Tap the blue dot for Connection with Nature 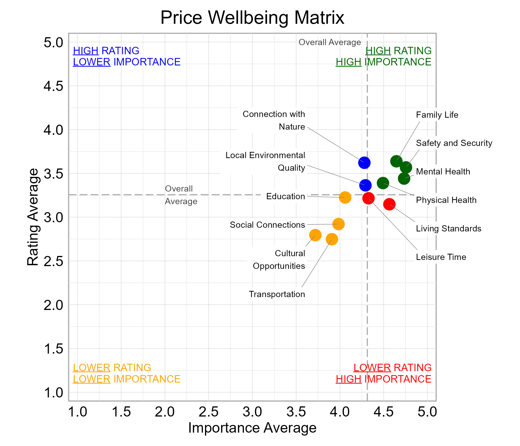pyautogui.click(x=364, y=163)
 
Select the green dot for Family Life pyautogui.click(x=396, y=161)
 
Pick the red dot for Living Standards pyautogui.click(x=389, y=204)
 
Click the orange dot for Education pyautogui.click(x=345, y=197)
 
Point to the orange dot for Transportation pyautogui.click(x=332, y=239)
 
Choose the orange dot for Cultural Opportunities pyautogui.click(x=315, y=235)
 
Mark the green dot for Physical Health pyautogui.click(x=383, y=183)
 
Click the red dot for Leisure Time pyautogui.click(x=368, y=198)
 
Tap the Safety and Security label pyautogui.click(x=454, y=143)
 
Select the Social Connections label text pyautogui.click(x=267, y=225)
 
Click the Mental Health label pyautogui.click(x=443, y=171)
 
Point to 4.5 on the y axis pyautogui.click(x=53, y=86)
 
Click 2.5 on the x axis pyautogui.click(x=208, y=412)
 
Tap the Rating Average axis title pyautogui.click(x=33, y=217)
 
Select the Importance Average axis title pyautogui.click(x=252, y=428)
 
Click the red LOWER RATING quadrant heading pyautogui.click(x=392, y=368)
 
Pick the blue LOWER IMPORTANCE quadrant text pyautogui.click(x=127, y=62)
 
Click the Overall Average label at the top pyautogui.click(x=330, y=42)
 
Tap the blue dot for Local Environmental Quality pyautogui.click(x=365, y=185)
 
